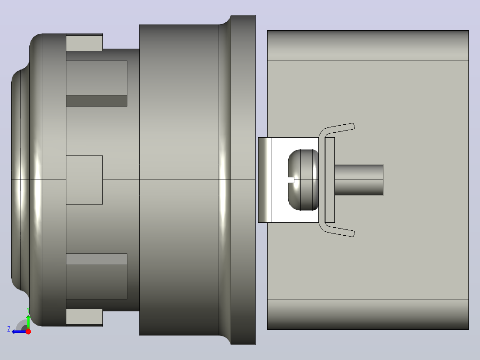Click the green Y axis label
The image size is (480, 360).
[x=28, y=310]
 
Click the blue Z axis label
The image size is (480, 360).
[x=9, y=329]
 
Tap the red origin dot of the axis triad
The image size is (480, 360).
[x=28, y=331]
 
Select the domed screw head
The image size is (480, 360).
[x=303, y=180]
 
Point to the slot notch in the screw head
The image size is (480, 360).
[x=291, y=180]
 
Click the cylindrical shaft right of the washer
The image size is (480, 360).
[x=359, y=180]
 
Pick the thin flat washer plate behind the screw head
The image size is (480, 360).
[x=329, y=180]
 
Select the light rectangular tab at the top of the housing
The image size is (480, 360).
[x=84, y=43]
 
